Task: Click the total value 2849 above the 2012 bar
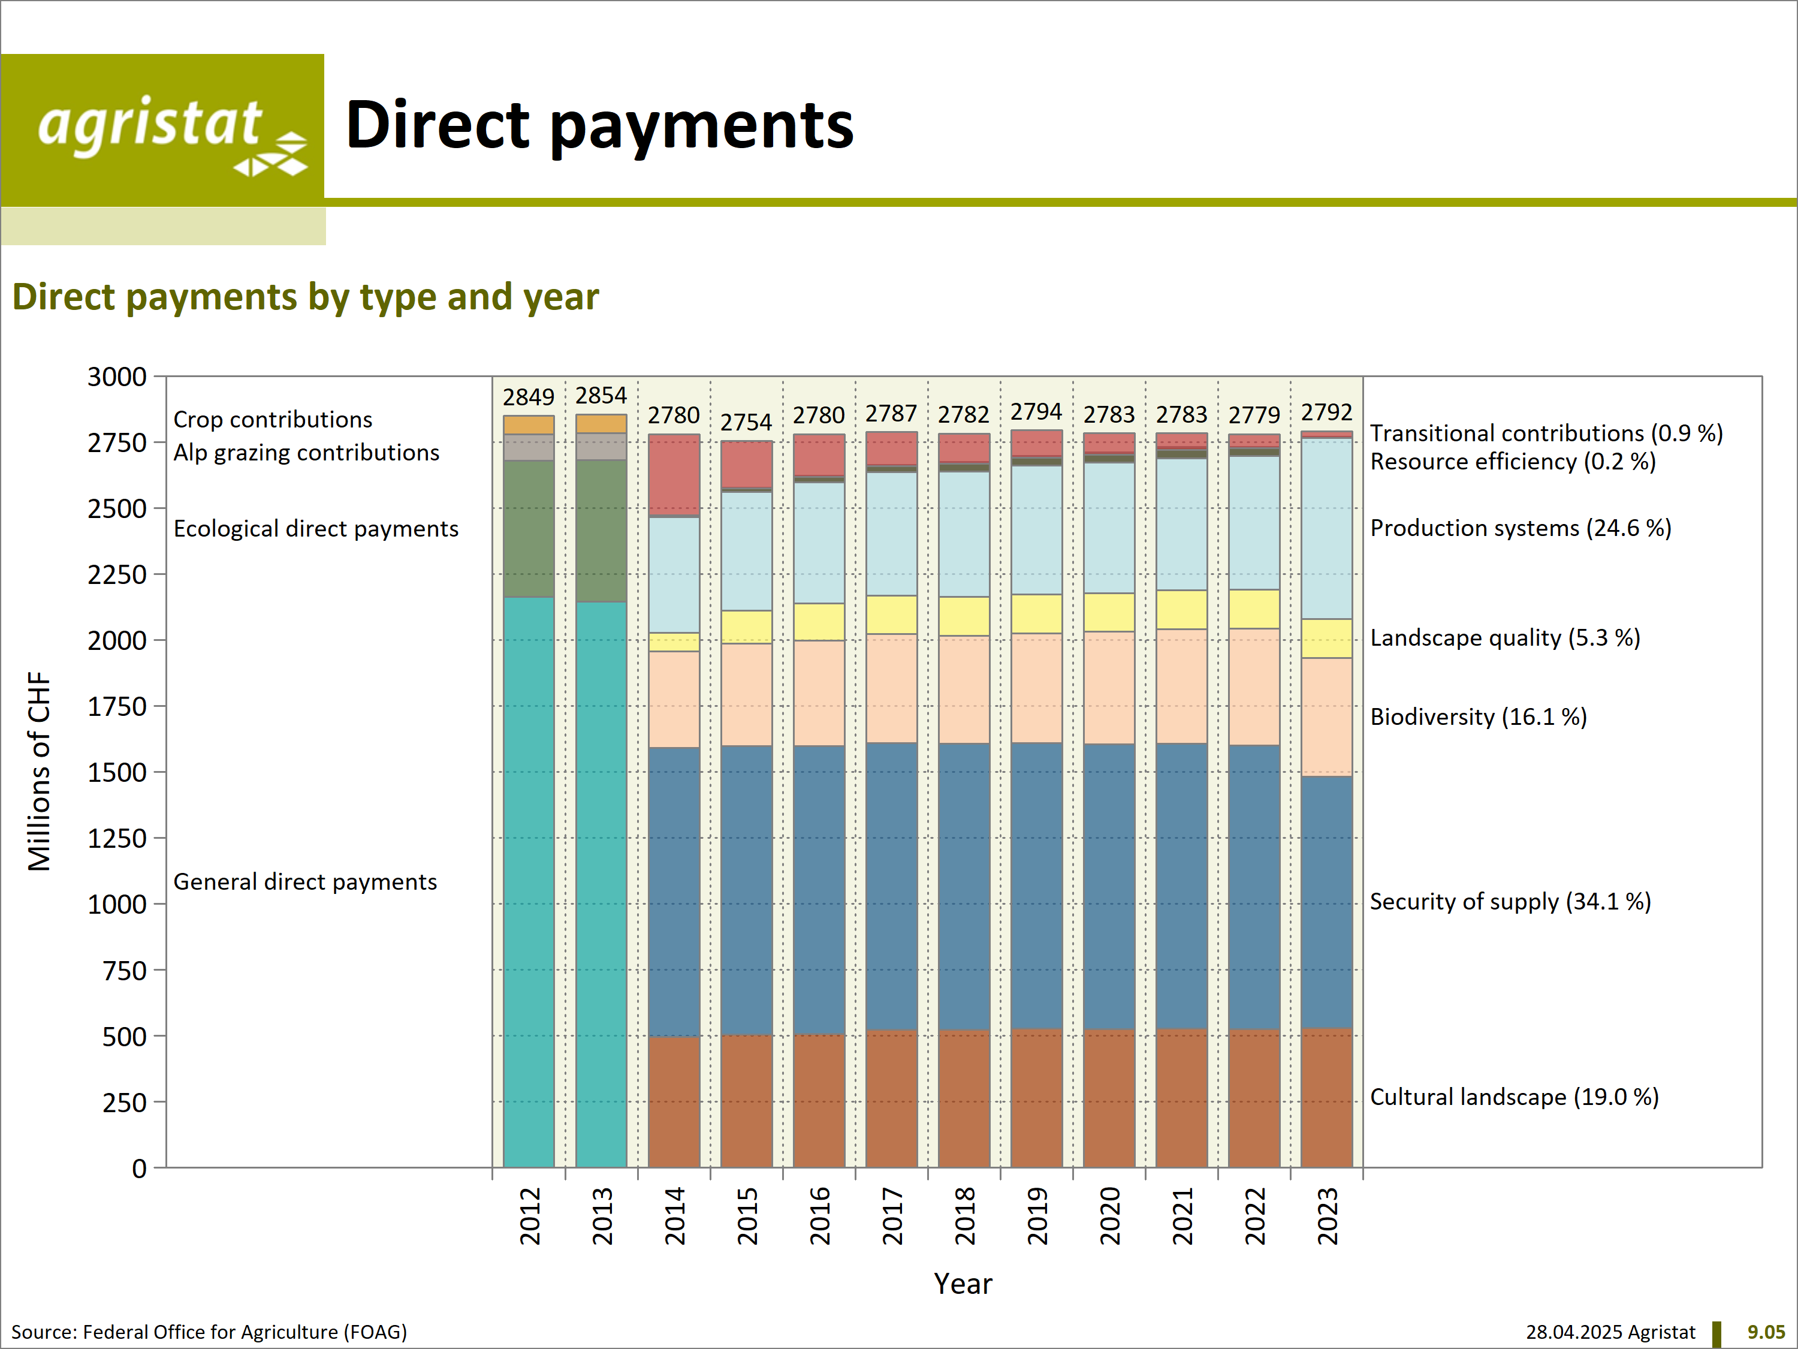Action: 529,397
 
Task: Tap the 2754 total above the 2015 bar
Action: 746,422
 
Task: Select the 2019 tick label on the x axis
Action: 1036,1216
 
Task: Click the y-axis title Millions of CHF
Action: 39,771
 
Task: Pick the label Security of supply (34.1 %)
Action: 1510,901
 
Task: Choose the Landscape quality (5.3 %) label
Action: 1504,637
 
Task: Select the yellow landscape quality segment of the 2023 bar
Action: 1326,639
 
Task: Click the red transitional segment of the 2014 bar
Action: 674,474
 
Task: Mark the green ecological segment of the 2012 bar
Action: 529,529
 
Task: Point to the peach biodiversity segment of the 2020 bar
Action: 1109,687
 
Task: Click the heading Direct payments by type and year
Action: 306,297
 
